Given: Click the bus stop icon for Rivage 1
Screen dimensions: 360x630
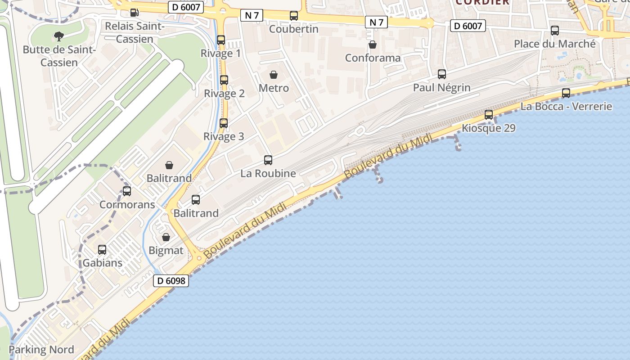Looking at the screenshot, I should pyautogui.click(x=221, y=40).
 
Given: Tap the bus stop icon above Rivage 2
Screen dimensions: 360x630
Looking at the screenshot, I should pyautogui.click(x=224, y=80).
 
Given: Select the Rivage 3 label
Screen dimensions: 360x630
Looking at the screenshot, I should pyautogui.click(x=224, y=136).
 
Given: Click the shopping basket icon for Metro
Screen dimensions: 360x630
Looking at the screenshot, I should pyautogui.click(x=274, y=74).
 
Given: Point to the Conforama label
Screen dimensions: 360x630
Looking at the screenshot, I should pyautogui.click(x=373, y=58).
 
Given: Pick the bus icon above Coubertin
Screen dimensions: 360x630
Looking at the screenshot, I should pyautogui.click(x=294, y=16).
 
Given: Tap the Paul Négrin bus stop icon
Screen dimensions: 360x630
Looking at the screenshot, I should pyautogui.click(x=442, y=74).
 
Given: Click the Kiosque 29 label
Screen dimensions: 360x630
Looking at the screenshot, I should pyautogui.click(x=489, y=128).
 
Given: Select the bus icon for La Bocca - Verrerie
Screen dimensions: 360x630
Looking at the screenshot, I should pyautogui.click(x=566, y=93).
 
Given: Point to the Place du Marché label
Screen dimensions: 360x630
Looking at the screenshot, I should pyautogui.click(x=555, y=44).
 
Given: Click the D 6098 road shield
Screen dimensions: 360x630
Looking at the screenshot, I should pyautogui.click(x=171, y=281).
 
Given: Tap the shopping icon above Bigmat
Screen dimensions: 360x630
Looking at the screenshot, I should pyautogui.click(x=166, y=237).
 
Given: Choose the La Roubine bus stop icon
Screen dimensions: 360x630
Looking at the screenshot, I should pyautogui.click(x=268, y=160).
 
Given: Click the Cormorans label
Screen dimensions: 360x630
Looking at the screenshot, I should pyautogui.click(x=127, y=205).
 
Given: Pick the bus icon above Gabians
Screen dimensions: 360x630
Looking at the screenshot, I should pyautogui.click(x=102, y=250).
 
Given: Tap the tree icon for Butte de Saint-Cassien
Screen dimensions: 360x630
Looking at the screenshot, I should pyautogui.click(x=58, y=36).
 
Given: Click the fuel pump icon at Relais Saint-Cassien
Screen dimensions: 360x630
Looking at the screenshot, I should pyautogui.click(x=134, y=13).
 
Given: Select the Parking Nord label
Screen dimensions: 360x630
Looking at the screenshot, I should pyautogui.click(x=41, y=350).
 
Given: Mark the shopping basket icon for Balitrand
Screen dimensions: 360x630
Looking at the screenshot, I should pyautogui.click(x=169, y=165).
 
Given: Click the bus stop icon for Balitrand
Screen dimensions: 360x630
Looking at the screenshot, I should pyautogui.click(x=196, y=200).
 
